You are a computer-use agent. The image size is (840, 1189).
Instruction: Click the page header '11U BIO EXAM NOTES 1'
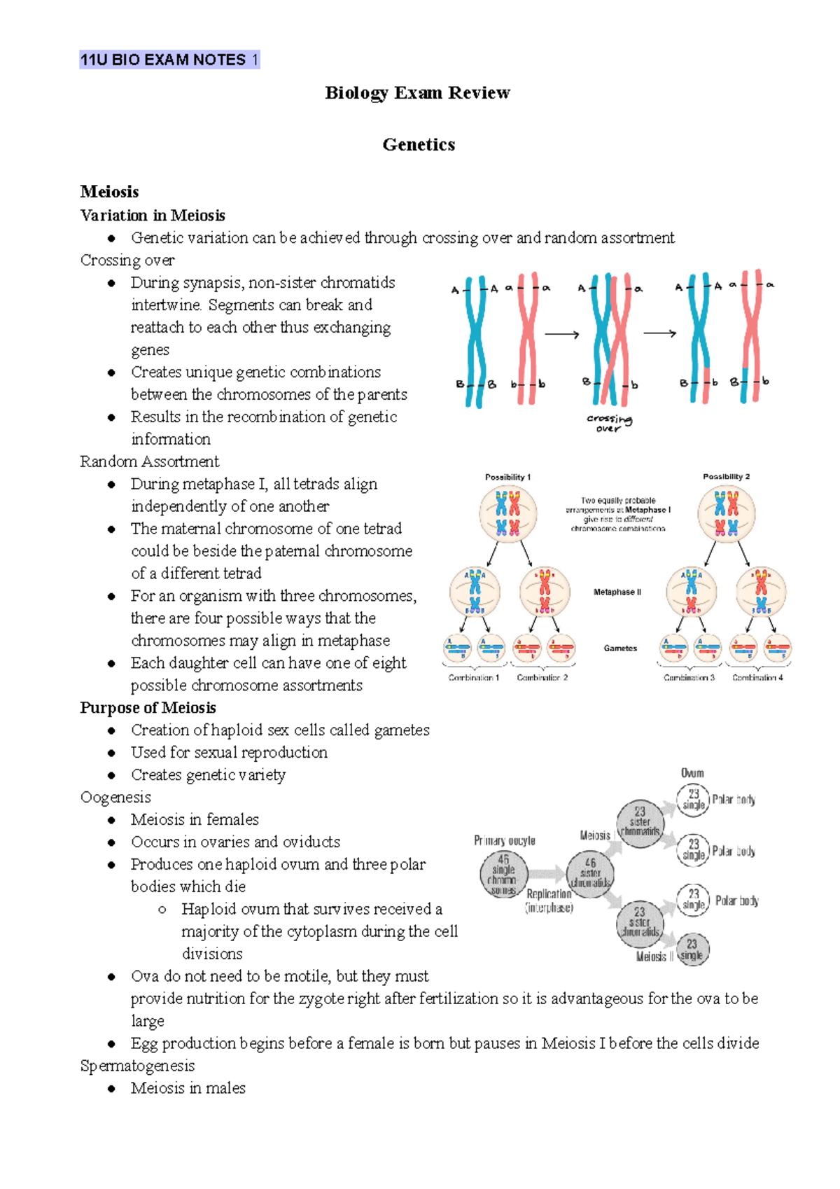click(x=169, y=60)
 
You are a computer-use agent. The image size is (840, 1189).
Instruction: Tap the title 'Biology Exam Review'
click(x=418, y=93)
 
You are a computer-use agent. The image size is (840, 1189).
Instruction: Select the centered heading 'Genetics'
click(x=419, y=145)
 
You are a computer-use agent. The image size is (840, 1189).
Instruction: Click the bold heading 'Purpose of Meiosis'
click(x=148, y=708)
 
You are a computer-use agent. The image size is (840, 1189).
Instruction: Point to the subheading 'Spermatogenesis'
click(x=137, y=1066)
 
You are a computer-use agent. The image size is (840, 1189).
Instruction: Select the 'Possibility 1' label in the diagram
click(x=507, y=477)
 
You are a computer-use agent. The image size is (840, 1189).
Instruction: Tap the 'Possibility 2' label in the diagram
click(x=726, y=477)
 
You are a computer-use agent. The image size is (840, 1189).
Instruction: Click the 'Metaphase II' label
click(x=617, y=592)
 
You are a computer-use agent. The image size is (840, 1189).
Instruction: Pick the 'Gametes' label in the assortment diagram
click(x=620, y=648)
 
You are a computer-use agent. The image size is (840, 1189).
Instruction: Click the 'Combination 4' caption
click(x=757, y=678)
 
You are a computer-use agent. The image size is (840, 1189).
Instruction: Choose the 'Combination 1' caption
click(x=474, y=678)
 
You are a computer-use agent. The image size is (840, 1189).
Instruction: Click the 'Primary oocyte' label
click(x=504, y=840)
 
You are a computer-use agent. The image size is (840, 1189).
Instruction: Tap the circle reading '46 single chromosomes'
click(x=503, y=875)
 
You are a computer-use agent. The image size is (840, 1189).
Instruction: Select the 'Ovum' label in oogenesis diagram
click(x=692, y=773)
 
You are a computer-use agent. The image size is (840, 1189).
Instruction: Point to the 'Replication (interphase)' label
click(x=549, y=901)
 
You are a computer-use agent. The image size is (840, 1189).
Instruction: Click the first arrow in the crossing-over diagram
click(x=561, y=335)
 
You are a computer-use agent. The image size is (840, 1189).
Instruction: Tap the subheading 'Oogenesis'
click(x=115, y=798)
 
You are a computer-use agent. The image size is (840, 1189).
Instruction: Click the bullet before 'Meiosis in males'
click(x=111, y=1089)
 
